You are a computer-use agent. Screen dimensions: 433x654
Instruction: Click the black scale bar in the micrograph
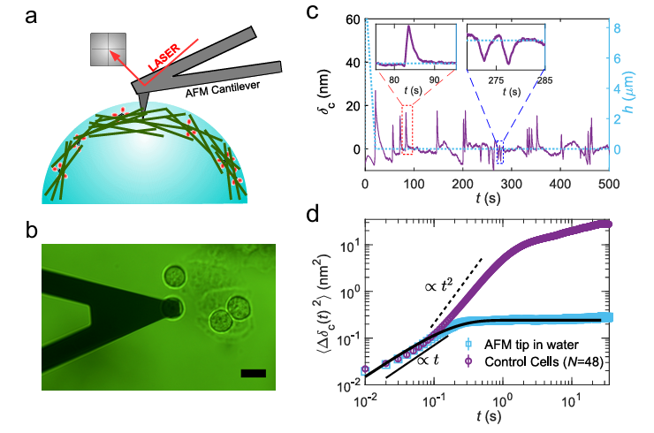(253, 374)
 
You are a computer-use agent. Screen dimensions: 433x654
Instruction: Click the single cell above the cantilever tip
(175, 274)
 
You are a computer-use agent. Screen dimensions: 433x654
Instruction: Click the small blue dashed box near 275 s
(500, 152)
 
